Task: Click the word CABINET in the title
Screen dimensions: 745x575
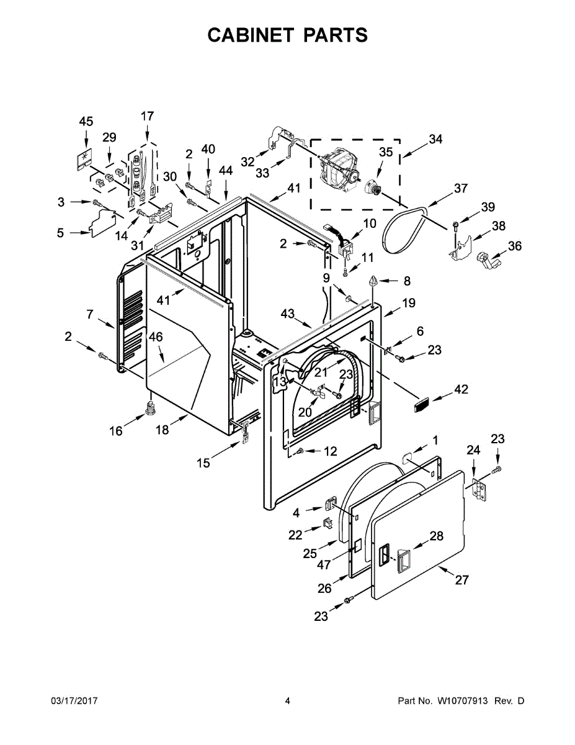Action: click(x=250, y=35)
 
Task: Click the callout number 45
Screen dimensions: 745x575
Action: click(x=86, y=121)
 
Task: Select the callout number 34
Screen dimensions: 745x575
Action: click(x=435, y=139)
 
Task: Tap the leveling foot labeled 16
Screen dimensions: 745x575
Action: click(x=149, y=410)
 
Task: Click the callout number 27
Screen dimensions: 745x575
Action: click(x=461, y=580)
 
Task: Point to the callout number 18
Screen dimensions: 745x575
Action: click(x=162, y=430)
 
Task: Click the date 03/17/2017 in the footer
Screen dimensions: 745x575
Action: click(x=74, y=701)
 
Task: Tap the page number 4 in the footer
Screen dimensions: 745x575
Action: click(x=287, y=701)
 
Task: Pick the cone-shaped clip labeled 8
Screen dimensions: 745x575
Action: click(x=374, y=281)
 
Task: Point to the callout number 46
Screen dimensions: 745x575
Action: click(x=155, y=337)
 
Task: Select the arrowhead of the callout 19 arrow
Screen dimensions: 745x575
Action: click(x=383, y=315)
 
